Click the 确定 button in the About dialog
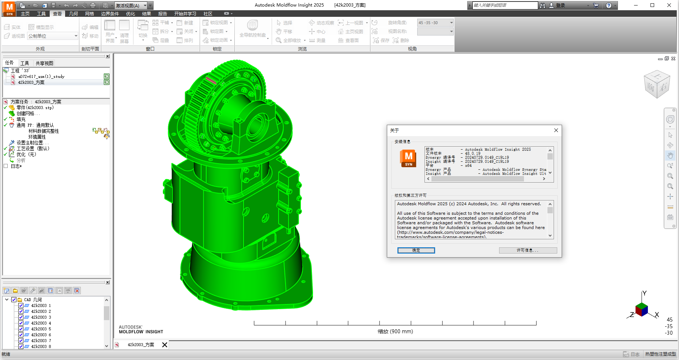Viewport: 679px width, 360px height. [x=416, y=250]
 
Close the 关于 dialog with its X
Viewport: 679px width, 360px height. [x=556, y=130]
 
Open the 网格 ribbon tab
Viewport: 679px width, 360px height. [x=90, y=14]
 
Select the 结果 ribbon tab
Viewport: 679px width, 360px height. [x=147, y=14]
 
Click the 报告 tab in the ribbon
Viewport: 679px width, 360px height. [x=163, y=14]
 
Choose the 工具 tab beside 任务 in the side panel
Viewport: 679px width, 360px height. [x=24, y=63]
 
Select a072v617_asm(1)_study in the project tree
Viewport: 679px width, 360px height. [x=41, y=76]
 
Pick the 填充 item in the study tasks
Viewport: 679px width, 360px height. [x=21, y=119]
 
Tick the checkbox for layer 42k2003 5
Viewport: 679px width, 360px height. [x=21, y=329]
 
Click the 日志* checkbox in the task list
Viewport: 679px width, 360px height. [x=6, y=166]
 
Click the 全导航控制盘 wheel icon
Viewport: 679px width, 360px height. [x=252, y=25]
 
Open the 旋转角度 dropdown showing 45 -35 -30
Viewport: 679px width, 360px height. [x=451, y=23]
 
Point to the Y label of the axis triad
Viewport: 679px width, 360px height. [x=644, y=293]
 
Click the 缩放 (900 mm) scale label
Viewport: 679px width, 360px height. [x=395, y=331]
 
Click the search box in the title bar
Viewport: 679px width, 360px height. [x=505, y=5]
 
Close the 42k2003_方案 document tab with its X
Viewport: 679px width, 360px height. [x=165, y=345]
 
